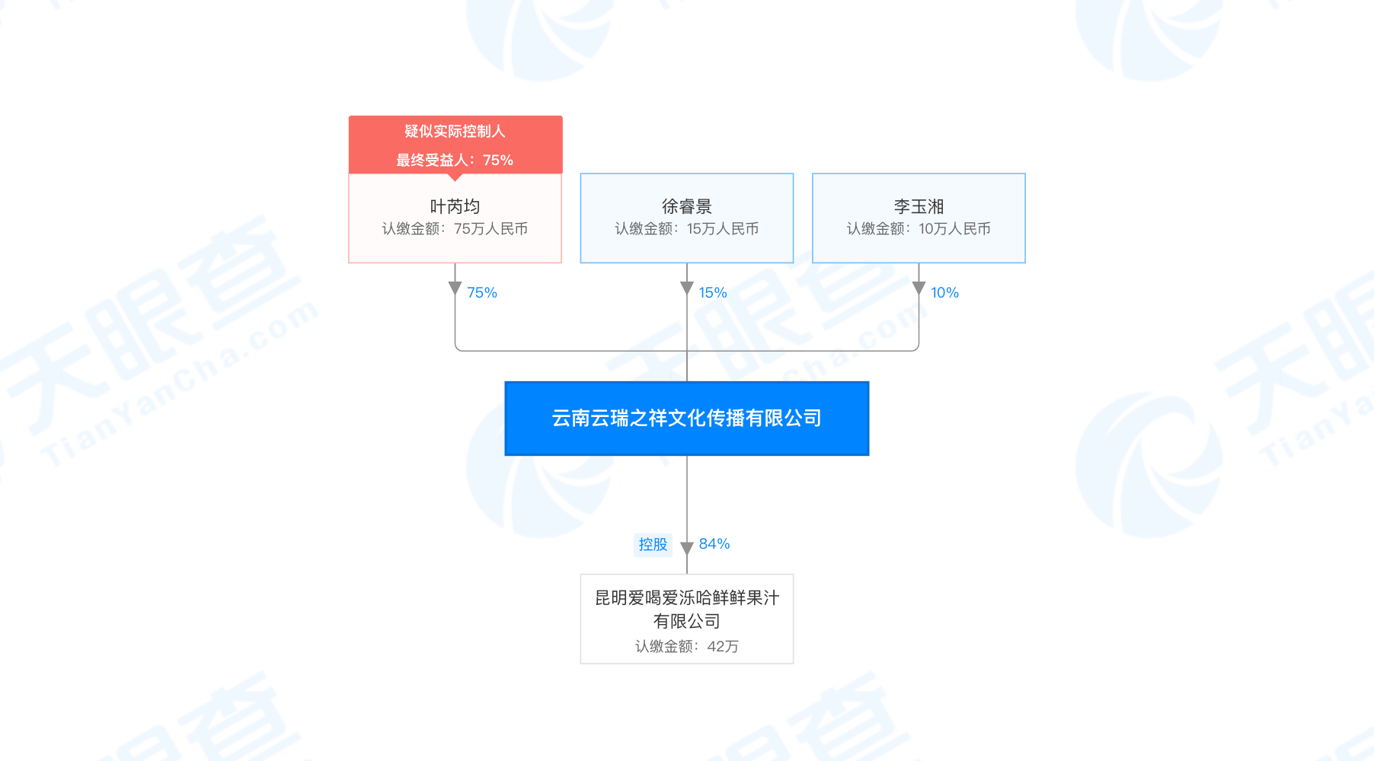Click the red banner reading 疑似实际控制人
coord(455,132)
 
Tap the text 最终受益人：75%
coord(455,160)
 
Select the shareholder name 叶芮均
coord(455,206)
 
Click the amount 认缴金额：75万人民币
coord(455,229)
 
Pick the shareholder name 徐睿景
coord(686,206)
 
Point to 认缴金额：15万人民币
coord(686,229)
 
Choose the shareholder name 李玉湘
coord(919,206)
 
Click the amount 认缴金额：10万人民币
coord(919,229)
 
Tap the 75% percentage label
coord(481,293)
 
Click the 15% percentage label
coord(713,293)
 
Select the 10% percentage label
coord(944,293)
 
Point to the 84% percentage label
coord(714,544)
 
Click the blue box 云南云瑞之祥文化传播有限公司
coord(686,418)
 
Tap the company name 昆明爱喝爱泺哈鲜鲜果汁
coord(686,598)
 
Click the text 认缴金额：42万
coord(686,646)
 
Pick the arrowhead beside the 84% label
coord(686,548)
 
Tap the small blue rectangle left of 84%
coord(653,545)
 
